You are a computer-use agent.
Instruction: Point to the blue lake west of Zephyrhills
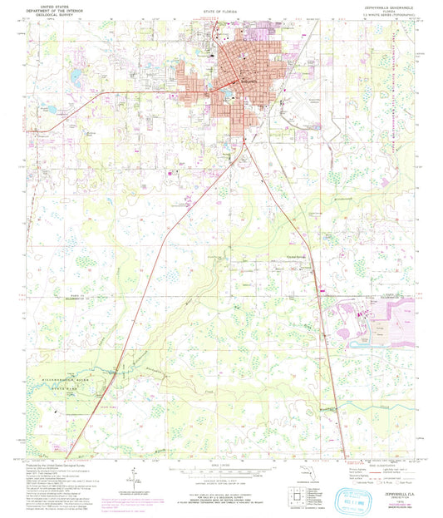pos(74,77)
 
